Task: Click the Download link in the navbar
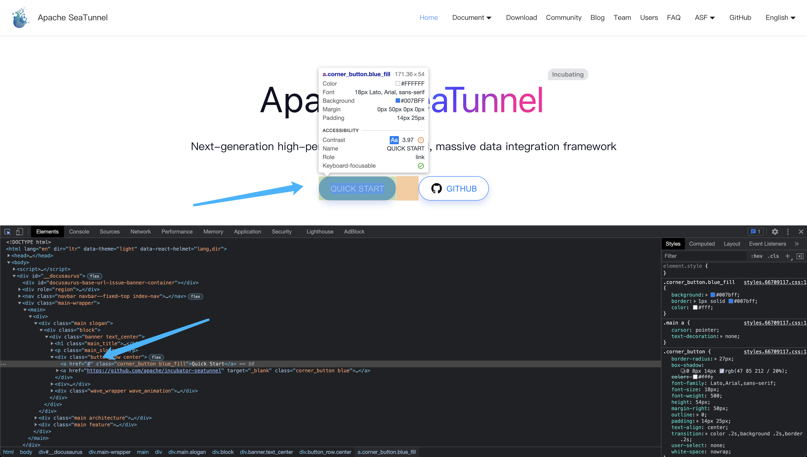(x=521, y=18)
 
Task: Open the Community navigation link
(x=563, y=18)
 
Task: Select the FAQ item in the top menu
(x=673, y=18)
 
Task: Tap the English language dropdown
(x=780, y=18)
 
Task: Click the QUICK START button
(x=357, y=189)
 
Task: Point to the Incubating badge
(x=568, y=74)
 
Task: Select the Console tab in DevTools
(x=79, y=232)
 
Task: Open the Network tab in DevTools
(x=140, y=232)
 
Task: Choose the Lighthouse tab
(x=320, y=232)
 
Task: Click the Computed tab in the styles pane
(x=702, y=244)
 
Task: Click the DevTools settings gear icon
(x=775, y=232)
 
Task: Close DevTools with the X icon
(x=801, y=232)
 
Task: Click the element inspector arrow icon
(x=7, y=232)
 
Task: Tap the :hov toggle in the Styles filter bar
(x=757, y=256)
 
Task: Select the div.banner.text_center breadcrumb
(x=266, y=452)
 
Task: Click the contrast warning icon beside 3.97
(x=421, y=140)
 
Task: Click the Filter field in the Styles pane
(x=703, y=256)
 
